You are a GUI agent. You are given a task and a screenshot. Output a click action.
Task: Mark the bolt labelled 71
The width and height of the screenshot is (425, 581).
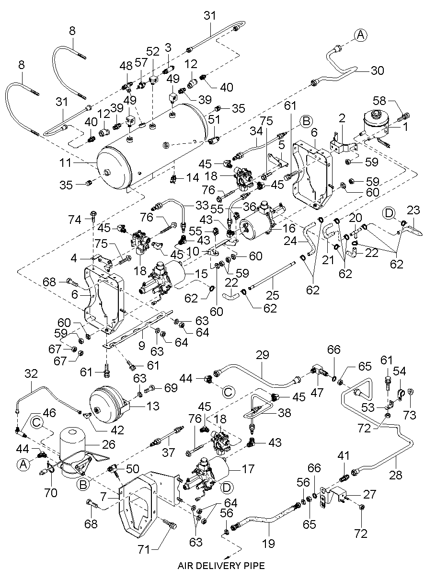pos(170,525)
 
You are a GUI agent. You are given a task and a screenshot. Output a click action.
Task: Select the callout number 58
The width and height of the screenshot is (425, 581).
pos(392,102)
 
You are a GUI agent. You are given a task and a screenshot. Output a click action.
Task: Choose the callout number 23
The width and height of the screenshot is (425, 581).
pos(413,209)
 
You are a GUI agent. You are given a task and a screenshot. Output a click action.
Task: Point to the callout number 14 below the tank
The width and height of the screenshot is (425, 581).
pos(192,177)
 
